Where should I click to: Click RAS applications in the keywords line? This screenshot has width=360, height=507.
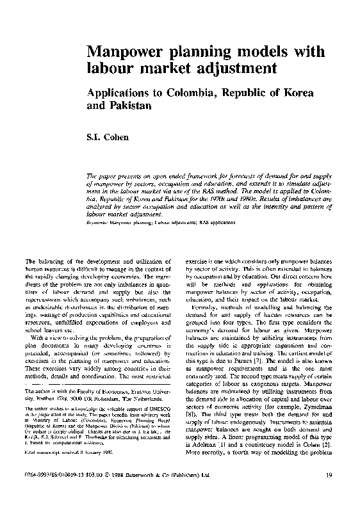tap(214, 223)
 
